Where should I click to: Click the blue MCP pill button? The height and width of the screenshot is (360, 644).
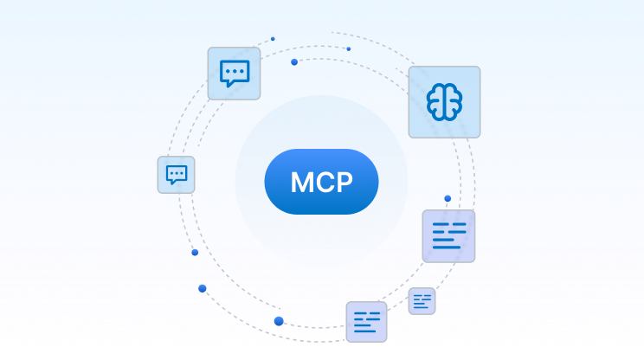click(321, 182)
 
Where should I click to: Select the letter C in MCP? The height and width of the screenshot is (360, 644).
click(324, 183)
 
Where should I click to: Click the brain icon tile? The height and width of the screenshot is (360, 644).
click(444, 102)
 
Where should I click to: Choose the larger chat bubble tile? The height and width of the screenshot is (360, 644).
click(234, 74)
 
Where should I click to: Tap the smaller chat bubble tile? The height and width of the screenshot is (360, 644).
click(176, 175)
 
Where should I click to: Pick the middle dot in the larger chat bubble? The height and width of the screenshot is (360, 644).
click(234, 71)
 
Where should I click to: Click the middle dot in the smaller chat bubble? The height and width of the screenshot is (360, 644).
click(176, 173)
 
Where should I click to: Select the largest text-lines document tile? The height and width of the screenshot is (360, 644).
click(448, 235)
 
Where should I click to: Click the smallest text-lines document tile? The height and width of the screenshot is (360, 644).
click(422, 301)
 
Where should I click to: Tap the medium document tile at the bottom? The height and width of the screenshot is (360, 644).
click(366, 321)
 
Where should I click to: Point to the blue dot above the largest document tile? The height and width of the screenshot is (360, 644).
click(448, 199)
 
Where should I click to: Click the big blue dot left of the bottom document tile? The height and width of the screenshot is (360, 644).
click(279, 321)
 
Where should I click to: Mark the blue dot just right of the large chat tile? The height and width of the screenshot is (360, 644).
click(294, 62)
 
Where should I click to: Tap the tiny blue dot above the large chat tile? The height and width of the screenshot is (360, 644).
click(273, 39)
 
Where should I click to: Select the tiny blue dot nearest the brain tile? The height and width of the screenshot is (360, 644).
click(349, 48)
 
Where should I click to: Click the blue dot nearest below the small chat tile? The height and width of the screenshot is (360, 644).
click(195, 252)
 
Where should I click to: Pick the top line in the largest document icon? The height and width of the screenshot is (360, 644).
click(448, 225)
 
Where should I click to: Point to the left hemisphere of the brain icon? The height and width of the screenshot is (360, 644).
click(436, 102)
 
